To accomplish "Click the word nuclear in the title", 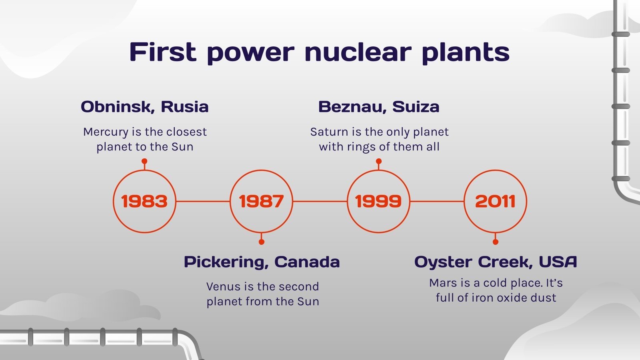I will pyautogui.click(x=358, y=52).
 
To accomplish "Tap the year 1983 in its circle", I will pyautogui.click(x=144, y=201).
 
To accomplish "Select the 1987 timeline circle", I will pyautogui.click(x=261, y=201).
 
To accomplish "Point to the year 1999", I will pyautogui.click(x=378, y=201).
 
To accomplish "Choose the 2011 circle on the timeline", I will pyautogui.click(x=495, y=201).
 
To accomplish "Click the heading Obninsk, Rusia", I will pyautogui.click(x=144, y=107).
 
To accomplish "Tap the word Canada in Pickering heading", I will pyautogui.click(x=307, y=262).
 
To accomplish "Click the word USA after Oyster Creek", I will pyautogui.click(x=558, y=262).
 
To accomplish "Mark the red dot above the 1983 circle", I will pyautogui.click(x=144, y=161).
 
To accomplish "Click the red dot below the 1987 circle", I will pyautogui.click(x=261, y=242).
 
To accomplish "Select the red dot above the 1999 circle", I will pyautogui.click(x=378, y=161).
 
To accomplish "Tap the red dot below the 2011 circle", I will pyautogui.click(x=495, y=242).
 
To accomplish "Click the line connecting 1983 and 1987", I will pyautogui.click(x=203, y=201).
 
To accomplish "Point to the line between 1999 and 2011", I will pyautogui.click(x=437, y=201).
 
